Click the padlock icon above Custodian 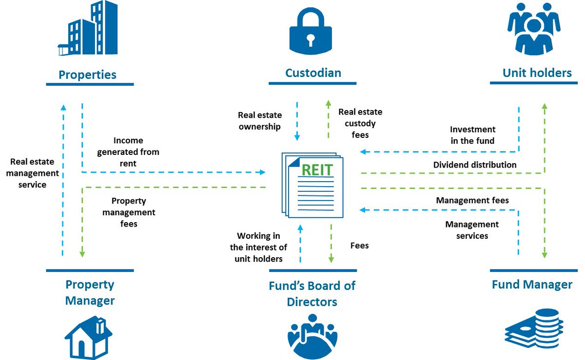tap(311, 31)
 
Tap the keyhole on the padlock tap(311, 40)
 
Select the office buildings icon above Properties tap(88, 28)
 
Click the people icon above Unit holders tap(534, 29)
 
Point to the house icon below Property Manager tap(89, 337)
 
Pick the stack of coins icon tap(534, 328)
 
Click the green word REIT tap(317, 170)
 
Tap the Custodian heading tap(313, 73)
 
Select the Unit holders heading tap(537, 73)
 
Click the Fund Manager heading tap(532, 284)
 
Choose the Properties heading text tap(87, 75)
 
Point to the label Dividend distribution tap(475, 165)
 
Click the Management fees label tap(472, 200)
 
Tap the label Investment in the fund tap(472, 135)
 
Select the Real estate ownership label tap(260, 121)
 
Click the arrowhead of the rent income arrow tap(262, 172)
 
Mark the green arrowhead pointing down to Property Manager tap(82, 254)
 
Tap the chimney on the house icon tap(100, 325)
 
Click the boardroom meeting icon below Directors tap(312, 336)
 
